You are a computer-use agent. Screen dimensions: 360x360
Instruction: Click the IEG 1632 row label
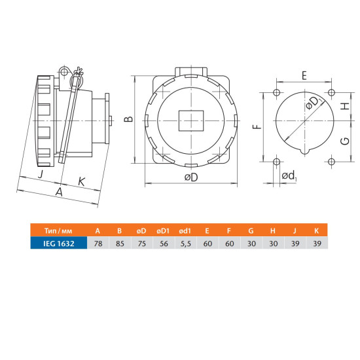click(59, 243)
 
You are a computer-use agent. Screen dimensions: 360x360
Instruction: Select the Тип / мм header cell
click(58, 230)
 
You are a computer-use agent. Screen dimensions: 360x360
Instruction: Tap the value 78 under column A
click(98, 243)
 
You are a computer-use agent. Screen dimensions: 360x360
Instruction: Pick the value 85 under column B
click(120, 243)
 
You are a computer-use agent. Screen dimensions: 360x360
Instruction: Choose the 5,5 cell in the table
click(185, 243)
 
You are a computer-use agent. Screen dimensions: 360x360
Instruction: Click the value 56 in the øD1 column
click(164, 243)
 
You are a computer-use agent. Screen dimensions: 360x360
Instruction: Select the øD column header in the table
click(141, 230)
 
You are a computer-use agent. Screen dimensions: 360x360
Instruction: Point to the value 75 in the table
click(142, 243)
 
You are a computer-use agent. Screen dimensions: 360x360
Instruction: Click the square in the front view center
click(191, 121)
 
